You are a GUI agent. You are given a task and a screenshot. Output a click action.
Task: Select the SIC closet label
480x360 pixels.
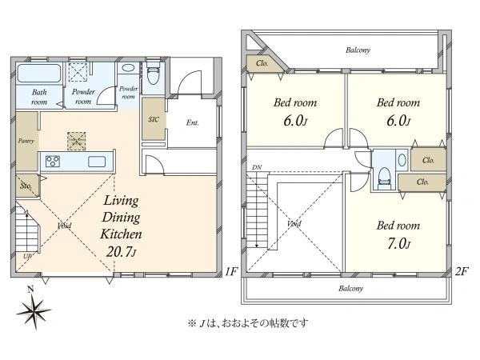click(153, 119)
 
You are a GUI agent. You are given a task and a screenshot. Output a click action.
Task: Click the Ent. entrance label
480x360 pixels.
click(193, 123)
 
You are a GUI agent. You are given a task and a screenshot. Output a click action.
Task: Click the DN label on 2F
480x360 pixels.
click(256, 168)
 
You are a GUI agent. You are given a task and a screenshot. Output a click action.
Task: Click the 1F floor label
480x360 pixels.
click(231, 272)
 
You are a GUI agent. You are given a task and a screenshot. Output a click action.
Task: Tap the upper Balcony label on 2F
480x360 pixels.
click(358, 50)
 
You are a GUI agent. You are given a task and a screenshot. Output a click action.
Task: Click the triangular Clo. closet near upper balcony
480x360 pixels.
click(262, 63)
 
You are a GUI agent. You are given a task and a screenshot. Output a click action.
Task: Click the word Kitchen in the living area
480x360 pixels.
click(121, 234)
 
